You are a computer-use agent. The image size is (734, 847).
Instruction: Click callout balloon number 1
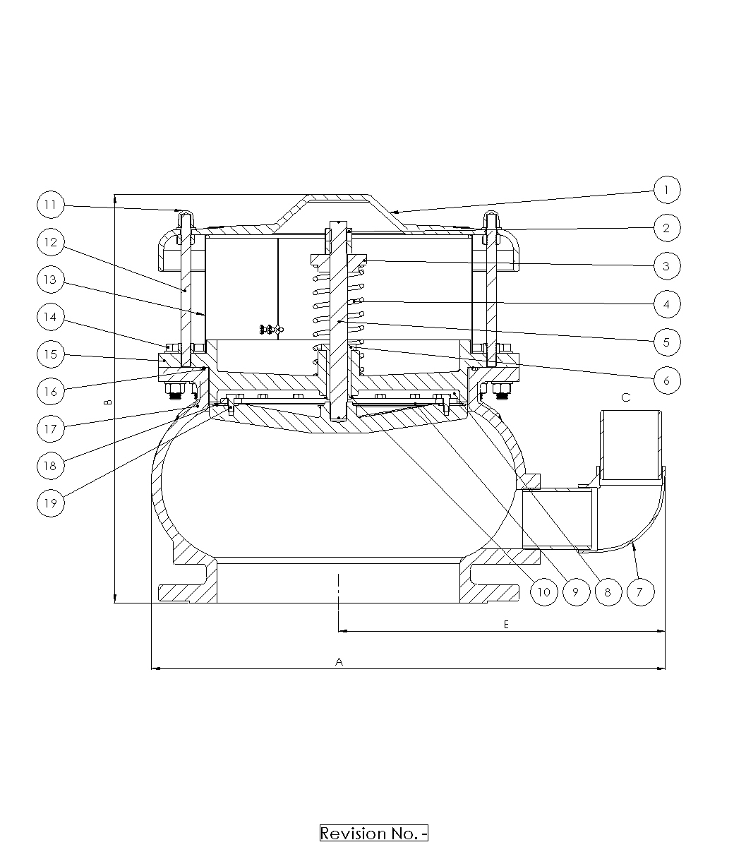tap(667, 190)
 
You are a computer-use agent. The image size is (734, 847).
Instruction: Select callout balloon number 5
tap(667, 342)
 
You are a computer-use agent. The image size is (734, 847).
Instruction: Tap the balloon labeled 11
tap(51, 205)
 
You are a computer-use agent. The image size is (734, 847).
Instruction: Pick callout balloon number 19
tap(51, 503)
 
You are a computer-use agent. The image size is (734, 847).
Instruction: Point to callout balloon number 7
tap(641, 591)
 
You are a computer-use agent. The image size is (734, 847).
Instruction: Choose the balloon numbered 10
tap(544, 591)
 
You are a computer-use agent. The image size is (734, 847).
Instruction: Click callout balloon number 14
tap(51, 317)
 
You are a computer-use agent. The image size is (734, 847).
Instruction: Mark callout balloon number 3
tap(667, 266)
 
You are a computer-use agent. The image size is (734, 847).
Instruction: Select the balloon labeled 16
tap(51, 391)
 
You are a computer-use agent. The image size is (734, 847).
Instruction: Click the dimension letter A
tap(339, 662)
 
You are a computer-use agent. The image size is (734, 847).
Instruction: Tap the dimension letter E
tap(506, 625)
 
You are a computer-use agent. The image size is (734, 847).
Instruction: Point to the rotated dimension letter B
tap(108, 402)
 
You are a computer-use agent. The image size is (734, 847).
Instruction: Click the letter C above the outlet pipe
tap(626, 397)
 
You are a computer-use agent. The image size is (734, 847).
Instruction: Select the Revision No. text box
tap(374, 833)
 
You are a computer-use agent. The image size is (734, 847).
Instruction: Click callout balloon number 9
tap(576, 591)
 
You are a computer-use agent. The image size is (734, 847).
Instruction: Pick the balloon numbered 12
tap(51, 242)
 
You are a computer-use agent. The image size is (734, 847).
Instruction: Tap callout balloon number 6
tap(667, 380)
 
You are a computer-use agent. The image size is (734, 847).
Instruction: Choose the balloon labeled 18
tap(51, 466)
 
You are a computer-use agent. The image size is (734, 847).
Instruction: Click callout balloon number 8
tap(608, 591)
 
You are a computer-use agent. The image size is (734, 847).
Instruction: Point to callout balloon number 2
tap(667, 228)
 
